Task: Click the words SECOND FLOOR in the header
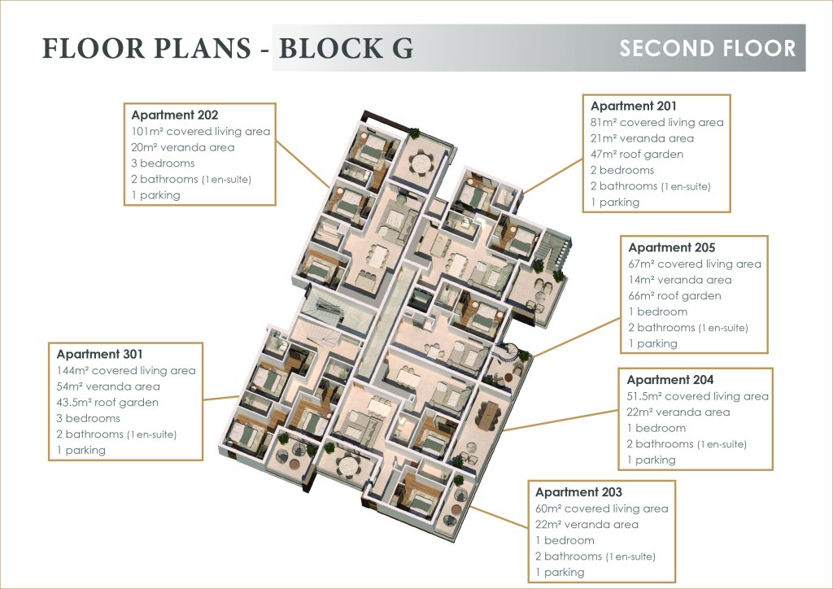707,48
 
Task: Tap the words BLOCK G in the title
346,48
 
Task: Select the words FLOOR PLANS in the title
146,48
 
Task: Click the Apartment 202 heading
175,116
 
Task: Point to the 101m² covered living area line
200,132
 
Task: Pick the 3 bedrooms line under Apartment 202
163,164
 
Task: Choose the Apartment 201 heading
634,106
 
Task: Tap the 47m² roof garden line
637,154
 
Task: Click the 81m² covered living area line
656,122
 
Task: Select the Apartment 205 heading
672,247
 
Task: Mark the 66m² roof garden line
675,295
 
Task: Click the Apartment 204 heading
670,380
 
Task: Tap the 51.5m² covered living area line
697,396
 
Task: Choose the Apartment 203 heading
578,492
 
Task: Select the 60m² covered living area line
601,508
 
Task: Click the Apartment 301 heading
100,354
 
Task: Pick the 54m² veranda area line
108,386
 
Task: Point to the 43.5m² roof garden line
107,402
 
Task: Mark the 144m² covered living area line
126,370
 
